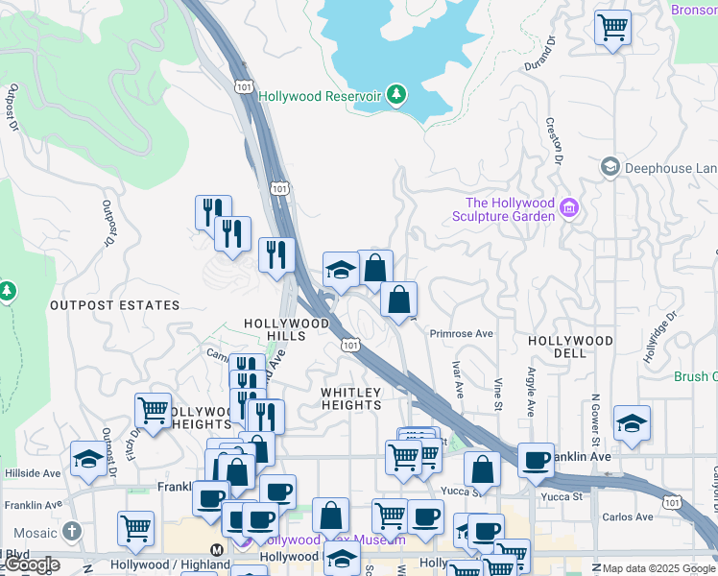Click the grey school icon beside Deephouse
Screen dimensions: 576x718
(x=610, y=168)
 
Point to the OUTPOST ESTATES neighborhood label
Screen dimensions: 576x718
(x=114, y=305)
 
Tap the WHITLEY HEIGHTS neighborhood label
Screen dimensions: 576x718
(x=351, y=398)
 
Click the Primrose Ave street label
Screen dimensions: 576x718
(x=461, y=333)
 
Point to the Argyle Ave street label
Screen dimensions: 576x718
(x=530, y=391)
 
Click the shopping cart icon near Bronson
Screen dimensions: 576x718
(x=611, y=26)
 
